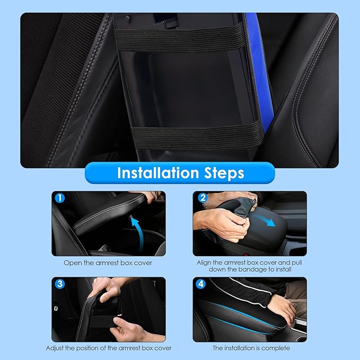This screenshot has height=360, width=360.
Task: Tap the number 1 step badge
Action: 60,198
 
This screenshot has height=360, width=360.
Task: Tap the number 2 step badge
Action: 201,198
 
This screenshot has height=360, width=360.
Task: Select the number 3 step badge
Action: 60,284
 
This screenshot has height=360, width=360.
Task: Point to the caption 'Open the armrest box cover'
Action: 108,262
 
